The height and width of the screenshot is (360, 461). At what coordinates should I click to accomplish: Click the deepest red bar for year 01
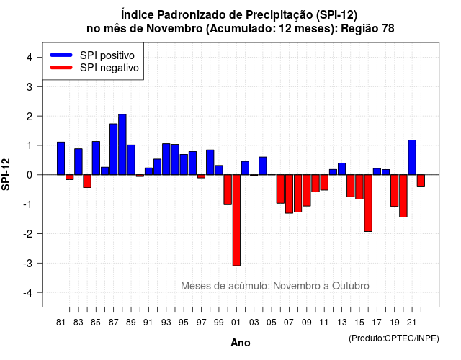click(x=236, y=220)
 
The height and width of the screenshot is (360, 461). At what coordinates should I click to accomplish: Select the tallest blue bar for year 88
click(x=122, y=145)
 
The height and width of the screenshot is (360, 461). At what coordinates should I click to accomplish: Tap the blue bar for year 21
click(x=412, y=157)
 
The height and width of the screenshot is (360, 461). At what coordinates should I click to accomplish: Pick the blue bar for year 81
click(x=61, y=158)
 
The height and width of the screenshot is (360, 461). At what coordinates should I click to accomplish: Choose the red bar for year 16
click(x=368, y=203)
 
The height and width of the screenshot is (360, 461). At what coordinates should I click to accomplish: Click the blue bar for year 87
click(x=114, y=149)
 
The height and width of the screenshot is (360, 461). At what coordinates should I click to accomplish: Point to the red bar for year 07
click(x=289, y=194)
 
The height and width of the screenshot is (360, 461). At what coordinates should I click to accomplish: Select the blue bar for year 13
click(x=341, y=169)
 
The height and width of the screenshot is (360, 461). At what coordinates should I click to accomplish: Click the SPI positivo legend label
click(x=107, y=55)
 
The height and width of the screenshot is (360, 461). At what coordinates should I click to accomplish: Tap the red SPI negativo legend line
click(x=61, y=67)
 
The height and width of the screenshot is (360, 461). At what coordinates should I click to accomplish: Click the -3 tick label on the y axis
click(x=28, y=264)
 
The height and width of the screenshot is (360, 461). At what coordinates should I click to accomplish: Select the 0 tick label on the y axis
click(x=30, y=175)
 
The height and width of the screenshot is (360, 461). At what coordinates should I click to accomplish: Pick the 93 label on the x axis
click(x=166, y=323)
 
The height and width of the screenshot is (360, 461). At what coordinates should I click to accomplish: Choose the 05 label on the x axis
click(x=272, y=323)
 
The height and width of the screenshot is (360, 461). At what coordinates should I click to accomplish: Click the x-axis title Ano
click(x=241, y=343)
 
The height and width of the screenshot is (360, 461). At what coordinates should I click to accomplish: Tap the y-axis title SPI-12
click(x=6, y=174)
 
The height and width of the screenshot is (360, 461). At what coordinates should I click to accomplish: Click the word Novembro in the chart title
click(x=174, y=29)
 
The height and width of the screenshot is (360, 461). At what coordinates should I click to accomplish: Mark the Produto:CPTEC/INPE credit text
click(x=394, y=338)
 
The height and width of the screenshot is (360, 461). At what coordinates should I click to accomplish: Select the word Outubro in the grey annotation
click(x=351, y=286)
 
